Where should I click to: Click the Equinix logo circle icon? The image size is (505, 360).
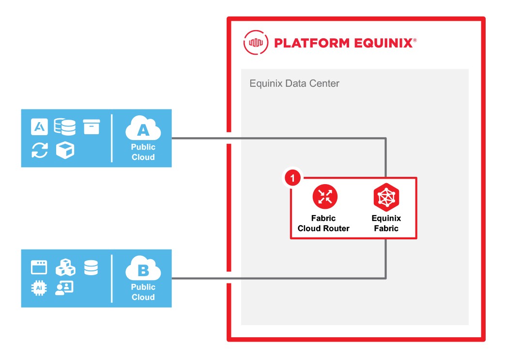pos(255,43)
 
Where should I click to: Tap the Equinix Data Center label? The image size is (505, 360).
pos(294,83)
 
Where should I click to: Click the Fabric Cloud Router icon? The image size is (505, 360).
pos(325,197)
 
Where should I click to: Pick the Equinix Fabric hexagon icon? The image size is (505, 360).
pos(386,197)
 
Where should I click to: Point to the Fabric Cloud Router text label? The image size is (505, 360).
pos(323,223)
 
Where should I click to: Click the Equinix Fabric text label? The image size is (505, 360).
pos(386,223)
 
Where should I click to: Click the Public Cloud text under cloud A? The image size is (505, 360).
pos(143,152)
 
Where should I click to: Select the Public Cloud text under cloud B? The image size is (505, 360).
pos(143,292)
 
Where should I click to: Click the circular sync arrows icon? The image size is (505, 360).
pos(40,150)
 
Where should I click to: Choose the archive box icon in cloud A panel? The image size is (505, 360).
pos(91,127)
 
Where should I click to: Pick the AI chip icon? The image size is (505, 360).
pos(39,288)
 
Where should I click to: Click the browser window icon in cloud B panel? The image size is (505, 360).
pos(39,267)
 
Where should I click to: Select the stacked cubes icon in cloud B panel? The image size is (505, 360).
pos(65,267)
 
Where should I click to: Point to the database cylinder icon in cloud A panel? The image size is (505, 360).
pos(65,127)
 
